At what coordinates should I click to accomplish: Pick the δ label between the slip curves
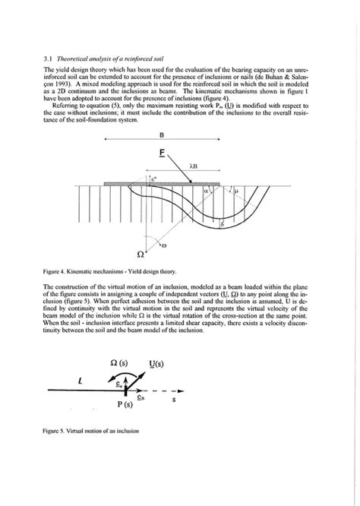coord(221,225)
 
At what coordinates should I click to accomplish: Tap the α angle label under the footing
coord(206,193)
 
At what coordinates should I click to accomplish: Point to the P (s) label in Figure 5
coord(126,404)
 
